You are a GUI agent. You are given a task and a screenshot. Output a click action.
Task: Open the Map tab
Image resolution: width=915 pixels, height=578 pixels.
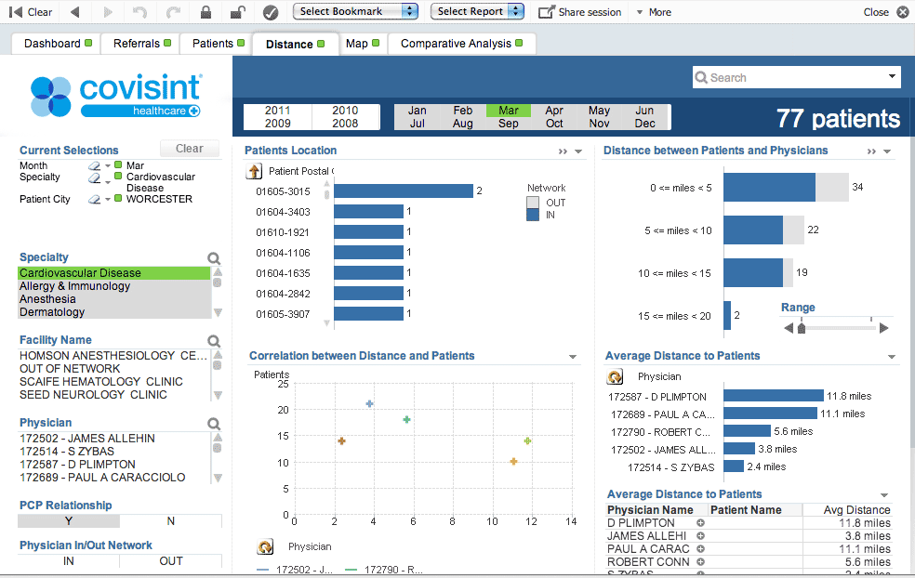pyautogui.click(x=357, y=44)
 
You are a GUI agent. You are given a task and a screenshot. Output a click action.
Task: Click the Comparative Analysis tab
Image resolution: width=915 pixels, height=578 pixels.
pyautogui.click(x=456, y=44)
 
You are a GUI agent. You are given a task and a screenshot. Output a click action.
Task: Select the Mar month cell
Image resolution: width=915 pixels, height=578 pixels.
pyautogui.click(x=509, y=111)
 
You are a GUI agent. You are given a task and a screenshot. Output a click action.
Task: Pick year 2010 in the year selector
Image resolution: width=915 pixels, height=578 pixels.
pyautogui.click(x=345, y=111)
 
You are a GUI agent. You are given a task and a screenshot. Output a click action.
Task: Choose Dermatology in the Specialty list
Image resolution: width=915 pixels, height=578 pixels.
pyautogui.click(x=52, y=312)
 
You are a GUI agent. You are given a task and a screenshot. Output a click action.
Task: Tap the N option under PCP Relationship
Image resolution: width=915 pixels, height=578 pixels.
pyautogui.click(x=171, y=521)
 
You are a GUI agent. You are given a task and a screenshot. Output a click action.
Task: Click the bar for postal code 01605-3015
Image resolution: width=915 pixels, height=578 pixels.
pyautogui.click(x=404, y=191)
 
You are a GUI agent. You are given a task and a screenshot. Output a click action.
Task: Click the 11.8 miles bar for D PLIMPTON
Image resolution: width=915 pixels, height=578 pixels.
pyautogui.click(x=773, y=396)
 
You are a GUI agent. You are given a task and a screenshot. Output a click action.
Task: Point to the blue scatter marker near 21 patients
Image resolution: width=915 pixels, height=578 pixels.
pyautogui.click(x=369, y=404)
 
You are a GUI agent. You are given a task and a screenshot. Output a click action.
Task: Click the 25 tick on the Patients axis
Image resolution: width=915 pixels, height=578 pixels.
pyautogui.click(x=283, y=385)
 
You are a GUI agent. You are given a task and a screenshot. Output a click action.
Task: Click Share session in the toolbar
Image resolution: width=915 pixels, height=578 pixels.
pyautogui.click(x=580, y=12)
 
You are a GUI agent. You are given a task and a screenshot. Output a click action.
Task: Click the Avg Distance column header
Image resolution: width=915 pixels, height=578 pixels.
pyautogui.click(x=856, y=510)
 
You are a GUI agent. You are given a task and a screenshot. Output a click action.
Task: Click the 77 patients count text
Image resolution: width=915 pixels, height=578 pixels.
pyautogui.click(x=838, y=119)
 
